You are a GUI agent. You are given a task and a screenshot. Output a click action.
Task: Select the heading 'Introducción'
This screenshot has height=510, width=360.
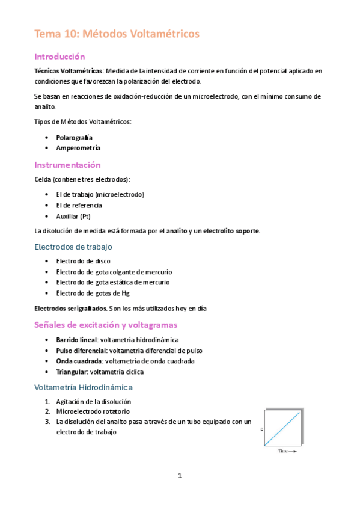tap(60, 57)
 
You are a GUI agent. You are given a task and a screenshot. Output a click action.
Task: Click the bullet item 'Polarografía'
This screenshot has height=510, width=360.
tap(74, 138)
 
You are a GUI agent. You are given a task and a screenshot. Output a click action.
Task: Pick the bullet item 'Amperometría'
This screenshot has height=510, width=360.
tap(78, 148)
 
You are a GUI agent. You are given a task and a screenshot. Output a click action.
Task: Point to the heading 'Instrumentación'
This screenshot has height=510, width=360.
tap(67, 165)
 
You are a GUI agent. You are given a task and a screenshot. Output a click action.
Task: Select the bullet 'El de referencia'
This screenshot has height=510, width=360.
tap(79, 206)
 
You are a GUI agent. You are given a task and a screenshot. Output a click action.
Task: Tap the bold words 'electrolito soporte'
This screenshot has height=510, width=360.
tap(231, 232)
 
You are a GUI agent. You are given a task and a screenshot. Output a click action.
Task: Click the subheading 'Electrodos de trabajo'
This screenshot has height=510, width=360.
tap(73, 247)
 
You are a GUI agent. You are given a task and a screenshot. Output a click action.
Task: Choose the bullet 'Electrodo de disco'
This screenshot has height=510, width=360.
tap(82, 261)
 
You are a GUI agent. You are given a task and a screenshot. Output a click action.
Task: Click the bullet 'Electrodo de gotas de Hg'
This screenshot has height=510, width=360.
tap(92, 293)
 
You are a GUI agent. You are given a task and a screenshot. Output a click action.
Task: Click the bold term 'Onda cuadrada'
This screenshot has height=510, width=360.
tap(79, 361)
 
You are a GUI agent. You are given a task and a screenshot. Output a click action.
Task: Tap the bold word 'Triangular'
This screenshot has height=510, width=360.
tap(72, 372)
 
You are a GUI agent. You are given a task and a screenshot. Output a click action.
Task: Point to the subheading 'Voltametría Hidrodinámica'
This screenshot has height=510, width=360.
tap(84, 387)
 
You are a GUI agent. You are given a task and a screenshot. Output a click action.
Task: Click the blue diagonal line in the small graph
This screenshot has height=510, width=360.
tap(281, 428)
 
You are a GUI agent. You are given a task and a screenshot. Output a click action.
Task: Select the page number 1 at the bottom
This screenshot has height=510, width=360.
tap(180, 476)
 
